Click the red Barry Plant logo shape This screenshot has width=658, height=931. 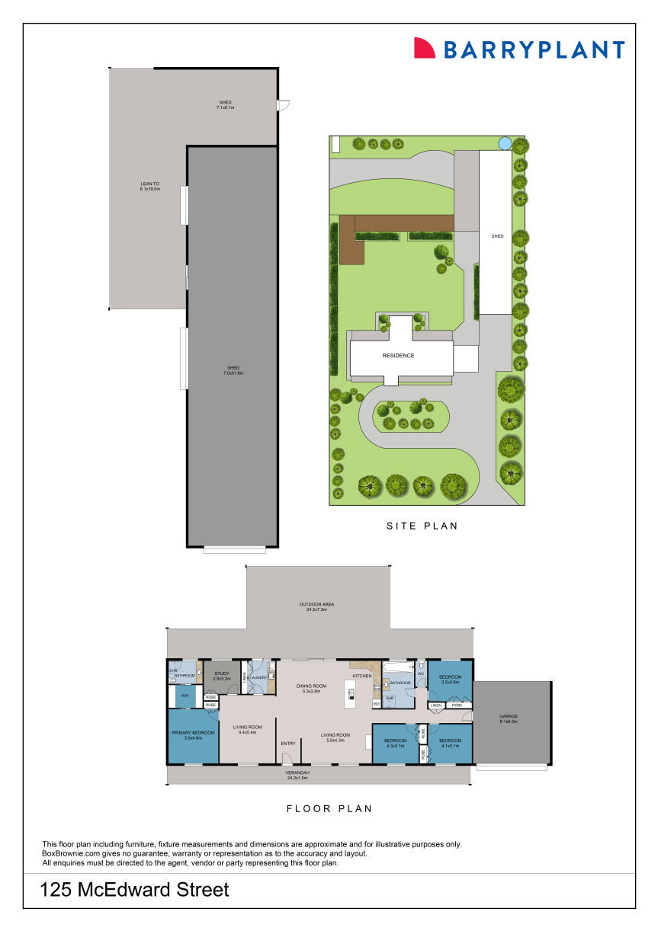pos(424,48)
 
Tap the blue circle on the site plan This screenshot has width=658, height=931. pos(504,142)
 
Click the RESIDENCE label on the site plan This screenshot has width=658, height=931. pos(398,356)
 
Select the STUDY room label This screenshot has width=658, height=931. pos(222,673)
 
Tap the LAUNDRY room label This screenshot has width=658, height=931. pos(259,676)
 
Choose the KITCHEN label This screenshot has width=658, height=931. pos(362,676)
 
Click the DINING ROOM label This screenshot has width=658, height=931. pos(312,686)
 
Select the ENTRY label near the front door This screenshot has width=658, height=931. pos(288,744)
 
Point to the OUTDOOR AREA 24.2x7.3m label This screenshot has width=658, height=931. pos(316,604)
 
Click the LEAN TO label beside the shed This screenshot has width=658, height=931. pos(149,184)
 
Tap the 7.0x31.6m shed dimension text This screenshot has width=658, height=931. pos(233,373)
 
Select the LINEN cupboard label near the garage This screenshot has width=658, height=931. pos(436,705)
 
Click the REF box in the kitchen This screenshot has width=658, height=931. pos(377,704)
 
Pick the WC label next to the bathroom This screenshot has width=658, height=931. pos(420,673)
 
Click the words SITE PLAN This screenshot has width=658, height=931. pos(422,526)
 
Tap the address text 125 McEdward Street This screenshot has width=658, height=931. pos(134,889)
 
